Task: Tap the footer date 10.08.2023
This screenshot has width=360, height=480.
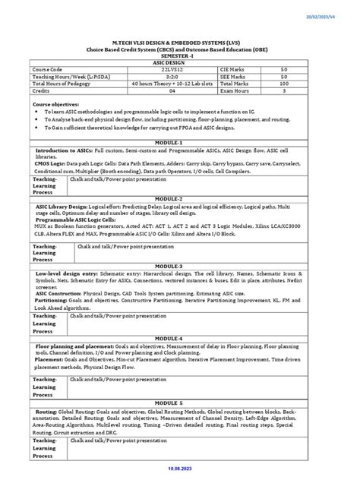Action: point(179,471)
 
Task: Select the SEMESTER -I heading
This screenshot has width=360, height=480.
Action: point(179,56)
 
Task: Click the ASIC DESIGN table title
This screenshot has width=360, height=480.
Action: point(179,62)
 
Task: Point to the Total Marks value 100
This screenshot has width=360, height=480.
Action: point(305,84)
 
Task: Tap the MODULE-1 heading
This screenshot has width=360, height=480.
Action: point(179,142)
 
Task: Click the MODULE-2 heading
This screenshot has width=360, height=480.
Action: point(179,198)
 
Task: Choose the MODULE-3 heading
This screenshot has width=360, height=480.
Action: point(179,267)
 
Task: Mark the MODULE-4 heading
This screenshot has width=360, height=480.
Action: point(179,337)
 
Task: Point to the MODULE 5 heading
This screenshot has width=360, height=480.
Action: point(179,403)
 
